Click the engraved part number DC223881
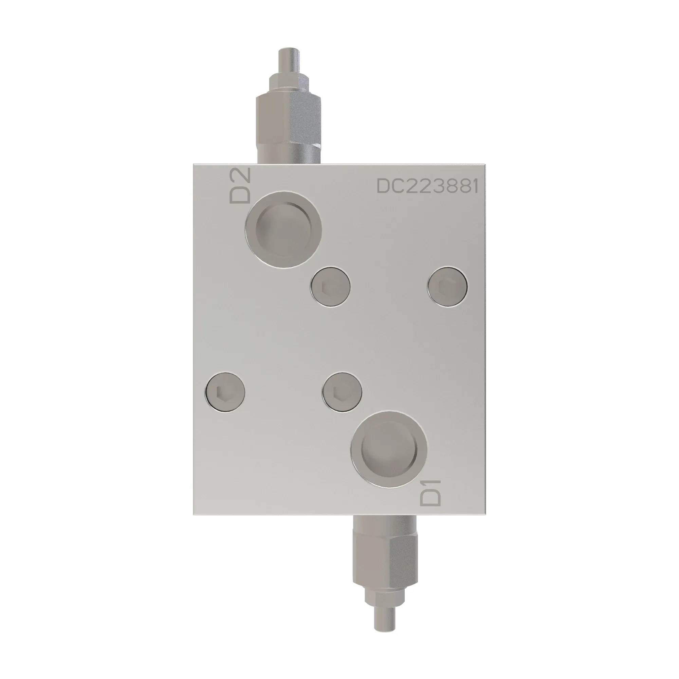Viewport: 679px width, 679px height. pyautogui.click(x=427, y=186)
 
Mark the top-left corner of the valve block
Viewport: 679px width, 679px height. pyautogui.click(x=194, y=164)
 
